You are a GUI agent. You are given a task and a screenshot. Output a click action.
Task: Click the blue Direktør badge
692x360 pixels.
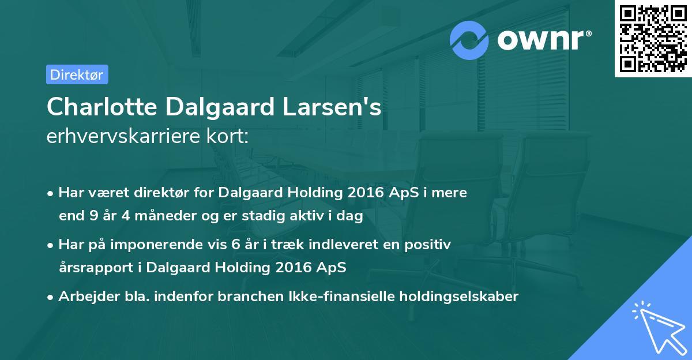click(77, 74)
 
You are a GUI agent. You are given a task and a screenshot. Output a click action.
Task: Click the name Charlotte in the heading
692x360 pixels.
click(102, 107)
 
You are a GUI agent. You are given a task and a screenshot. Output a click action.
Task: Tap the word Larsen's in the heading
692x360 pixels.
click(332, 107)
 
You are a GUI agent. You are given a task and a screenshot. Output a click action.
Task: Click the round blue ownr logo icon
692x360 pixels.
click(469, 40)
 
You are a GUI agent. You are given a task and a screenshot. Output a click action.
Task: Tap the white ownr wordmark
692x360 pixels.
click(541, 40)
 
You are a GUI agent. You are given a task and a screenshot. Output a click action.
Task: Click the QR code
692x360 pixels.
click(653, 39)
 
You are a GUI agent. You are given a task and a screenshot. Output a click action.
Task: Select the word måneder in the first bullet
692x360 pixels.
click(166, 215)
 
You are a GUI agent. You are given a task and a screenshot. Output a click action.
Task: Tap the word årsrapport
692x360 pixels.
click(96, 268)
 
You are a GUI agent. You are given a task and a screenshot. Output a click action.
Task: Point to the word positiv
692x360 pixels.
click(427, 245)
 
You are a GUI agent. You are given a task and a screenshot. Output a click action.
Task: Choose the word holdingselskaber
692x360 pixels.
click(459, 297)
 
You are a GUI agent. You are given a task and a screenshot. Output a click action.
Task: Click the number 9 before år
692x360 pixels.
click(93, 215)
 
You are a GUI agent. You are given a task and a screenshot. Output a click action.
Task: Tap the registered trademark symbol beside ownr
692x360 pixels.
click(588, 33)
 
